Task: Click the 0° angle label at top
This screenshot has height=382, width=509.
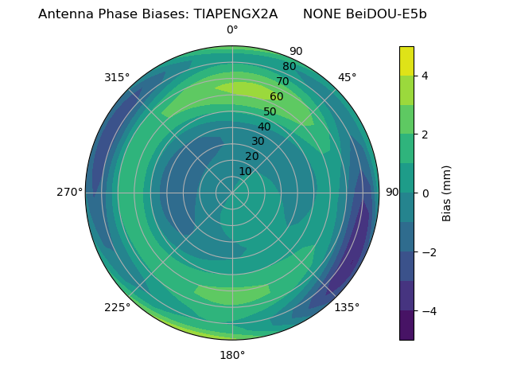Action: [232, 30]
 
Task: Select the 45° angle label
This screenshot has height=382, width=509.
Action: [347, 77]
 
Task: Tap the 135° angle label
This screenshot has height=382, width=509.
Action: [347, 307]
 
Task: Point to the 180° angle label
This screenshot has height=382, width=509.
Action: [232, 355]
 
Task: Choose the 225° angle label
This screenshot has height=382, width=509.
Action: [117, 308]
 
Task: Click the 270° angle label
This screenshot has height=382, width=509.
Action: [69, 193]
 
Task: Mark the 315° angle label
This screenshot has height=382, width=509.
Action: [117, 77]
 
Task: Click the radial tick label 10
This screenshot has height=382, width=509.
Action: [245, 171]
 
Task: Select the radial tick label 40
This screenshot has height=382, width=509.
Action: [264, 127]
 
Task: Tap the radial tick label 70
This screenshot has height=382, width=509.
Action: [282, 81]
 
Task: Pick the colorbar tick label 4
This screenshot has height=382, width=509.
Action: [425, 76]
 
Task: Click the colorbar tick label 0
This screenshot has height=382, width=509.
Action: [425, 193]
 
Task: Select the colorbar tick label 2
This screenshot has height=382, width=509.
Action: [425, 134]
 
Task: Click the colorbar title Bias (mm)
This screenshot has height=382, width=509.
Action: [447, 193]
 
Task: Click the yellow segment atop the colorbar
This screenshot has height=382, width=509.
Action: [406, 60]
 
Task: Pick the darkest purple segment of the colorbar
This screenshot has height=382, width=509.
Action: [406, 325]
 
